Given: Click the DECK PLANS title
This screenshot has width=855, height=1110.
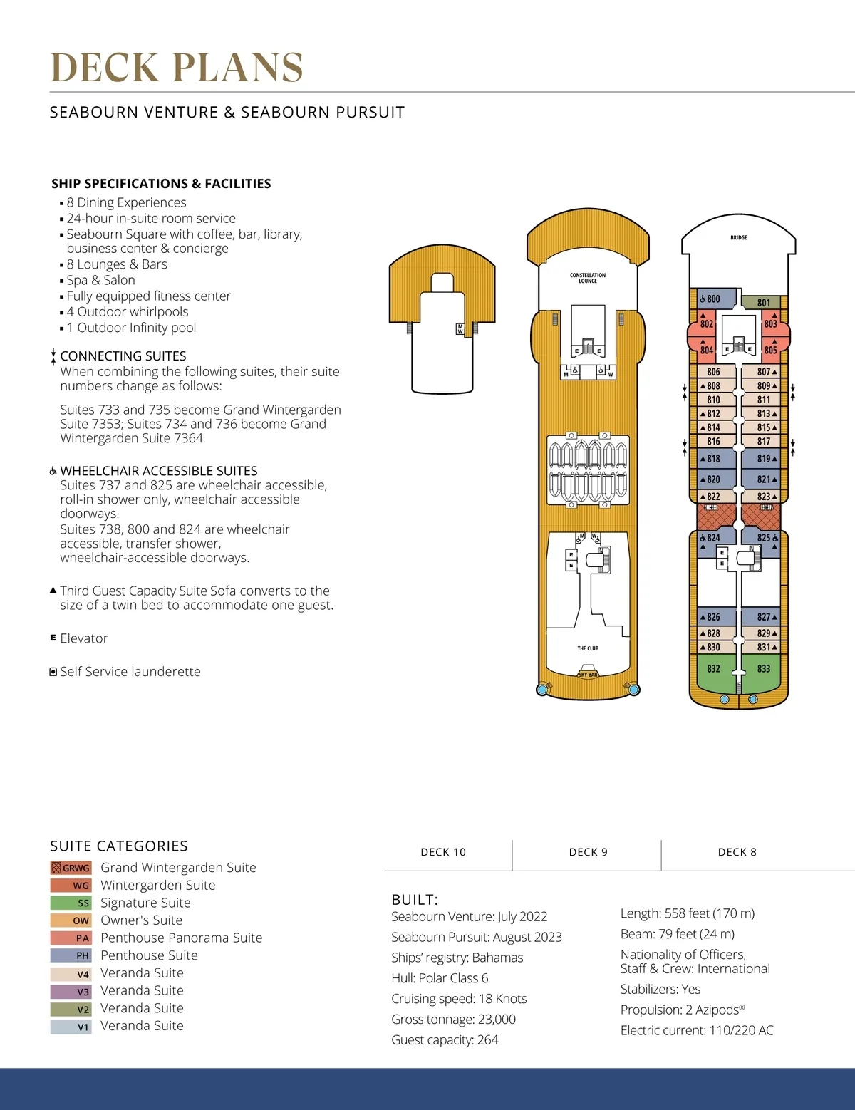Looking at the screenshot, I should click(x=177, y=68).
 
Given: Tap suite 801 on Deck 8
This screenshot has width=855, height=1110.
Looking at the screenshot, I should click(x=763, y=303).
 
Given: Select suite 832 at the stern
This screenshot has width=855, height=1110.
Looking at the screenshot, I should click(x=713, y=669).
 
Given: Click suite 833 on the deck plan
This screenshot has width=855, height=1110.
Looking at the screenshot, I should click(x=764, y=669).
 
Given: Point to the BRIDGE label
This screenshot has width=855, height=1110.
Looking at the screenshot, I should click(x=739, y=238).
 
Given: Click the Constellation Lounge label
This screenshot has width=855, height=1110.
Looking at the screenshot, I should click(x=588, y=278).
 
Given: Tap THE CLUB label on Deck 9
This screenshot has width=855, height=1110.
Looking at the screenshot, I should click(x=588, y=648).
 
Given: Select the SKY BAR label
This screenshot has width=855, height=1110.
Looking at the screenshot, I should click(x=588, y=674).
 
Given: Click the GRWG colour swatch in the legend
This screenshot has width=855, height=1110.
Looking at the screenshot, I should click(x=71, y=868).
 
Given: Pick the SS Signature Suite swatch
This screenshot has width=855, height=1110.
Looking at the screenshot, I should click(x=71, y=903).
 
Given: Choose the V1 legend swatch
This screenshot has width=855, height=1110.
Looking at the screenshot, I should click(x=71, y=1027).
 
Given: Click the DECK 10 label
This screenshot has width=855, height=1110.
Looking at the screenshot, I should click(x=443, y=852).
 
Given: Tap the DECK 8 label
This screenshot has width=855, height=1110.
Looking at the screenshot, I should click(x=737, y=852).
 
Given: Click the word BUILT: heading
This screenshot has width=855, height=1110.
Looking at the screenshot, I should click(x=415, y=900).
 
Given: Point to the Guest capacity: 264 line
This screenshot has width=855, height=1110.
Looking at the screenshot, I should click(x=445, y=1040).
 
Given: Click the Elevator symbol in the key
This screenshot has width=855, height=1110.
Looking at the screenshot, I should click(x=53, y=638).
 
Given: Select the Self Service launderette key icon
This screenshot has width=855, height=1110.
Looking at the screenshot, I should click(x=53, y=672).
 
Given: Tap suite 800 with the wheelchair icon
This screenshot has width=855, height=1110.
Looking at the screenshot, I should click(x=710, y=299).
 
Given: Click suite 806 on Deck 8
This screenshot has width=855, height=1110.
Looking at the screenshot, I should click(x=713, y=372).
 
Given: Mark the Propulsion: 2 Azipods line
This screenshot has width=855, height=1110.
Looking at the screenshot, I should click(x=683, y=1010).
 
